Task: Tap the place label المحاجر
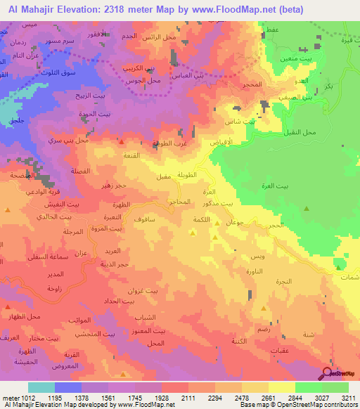pos(180,202)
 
